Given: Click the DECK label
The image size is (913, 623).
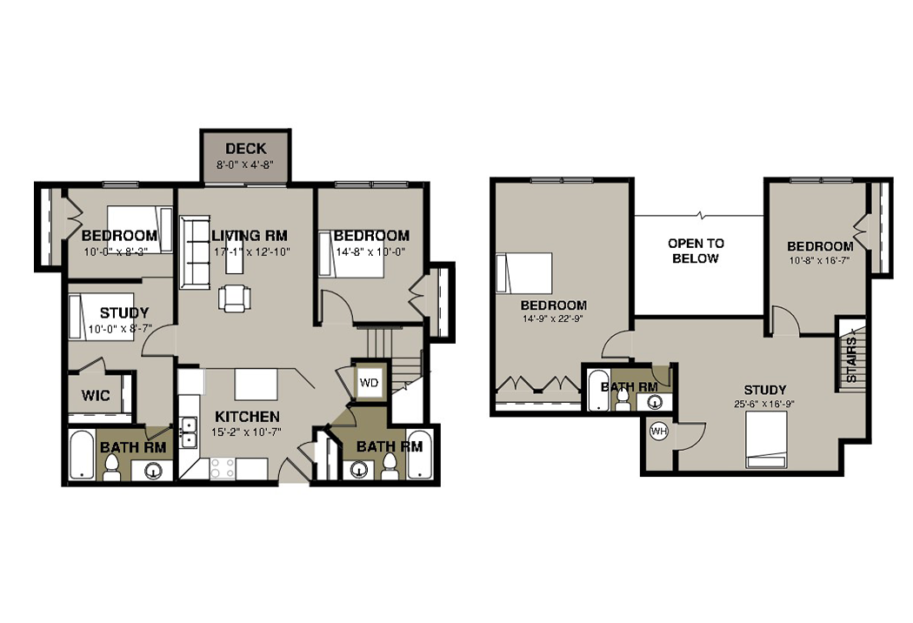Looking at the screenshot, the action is [x=246, y=149].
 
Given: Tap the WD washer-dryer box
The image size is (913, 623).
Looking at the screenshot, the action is [x=369, y=382].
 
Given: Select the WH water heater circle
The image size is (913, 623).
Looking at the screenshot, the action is [x=658, y=432].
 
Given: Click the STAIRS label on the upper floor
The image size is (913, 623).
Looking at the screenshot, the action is [x=851, y=359].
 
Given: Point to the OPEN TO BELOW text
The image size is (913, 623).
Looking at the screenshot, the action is [x=696, y=251].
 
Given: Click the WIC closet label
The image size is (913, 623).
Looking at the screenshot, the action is [x=96, y=396].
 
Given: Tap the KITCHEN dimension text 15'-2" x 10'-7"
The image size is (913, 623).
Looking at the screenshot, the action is [x=248, y=432].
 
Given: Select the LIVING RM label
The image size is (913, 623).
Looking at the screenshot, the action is [x=250, y=236].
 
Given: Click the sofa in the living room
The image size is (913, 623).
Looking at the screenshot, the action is [x=195, y=251].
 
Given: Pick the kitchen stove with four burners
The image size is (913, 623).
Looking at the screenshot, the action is [x=223, y=469].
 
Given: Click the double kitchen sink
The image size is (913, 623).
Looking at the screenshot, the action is [x=188, y=432].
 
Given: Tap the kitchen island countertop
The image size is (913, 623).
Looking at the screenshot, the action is [x=256, y=384].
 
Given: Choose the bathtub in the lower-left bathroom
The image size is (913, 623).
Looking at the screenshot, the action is [x=82, y=455].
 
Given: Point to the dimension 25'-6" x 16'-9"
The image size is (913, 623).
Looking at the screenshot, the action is [x=764, y=404].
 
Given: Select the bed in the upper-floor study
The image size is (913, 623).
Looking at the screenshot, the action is [x=766, y=440].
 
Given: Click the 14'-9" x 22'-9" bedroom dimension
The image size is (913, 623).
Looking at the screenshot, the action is [x=552, y=318].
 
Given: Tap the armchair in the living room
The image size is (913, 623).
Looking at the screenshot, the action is [x=235, y=298].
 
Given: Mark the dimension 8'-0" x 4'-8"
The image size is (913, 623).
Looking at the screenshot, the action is [x=245, y=165].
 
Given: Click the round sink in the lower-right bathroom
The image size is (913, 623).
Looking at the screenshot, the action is [x=358, y=469].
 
